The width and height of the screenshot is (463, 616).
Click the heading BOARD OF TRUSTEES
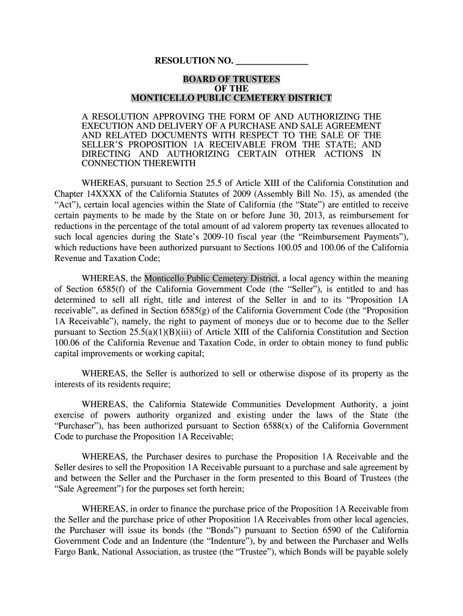231,79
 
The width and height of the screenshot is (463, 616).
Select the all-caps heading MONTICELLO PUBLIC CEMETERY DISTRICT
231,98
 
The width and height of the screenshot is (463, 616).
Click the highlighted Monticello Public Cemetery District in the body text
211,278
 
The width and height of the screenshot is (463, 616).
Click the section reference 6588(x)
292,426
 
